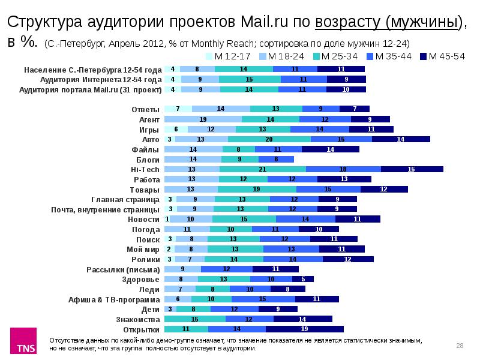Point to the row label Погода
145,229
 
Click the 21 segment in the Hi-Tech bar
263,170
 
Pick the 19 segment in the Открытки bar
304,329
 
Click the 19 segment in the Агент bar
203,119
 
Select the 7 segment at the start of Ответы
178,109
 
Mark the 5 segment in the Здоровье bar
303,279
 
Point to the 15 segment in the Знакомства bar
195,319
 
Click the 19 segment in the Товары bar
256,189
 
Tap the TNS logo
25,342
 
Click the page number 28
460,345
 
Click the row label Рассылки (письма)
123,269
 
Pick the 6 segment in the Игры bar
176,129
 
